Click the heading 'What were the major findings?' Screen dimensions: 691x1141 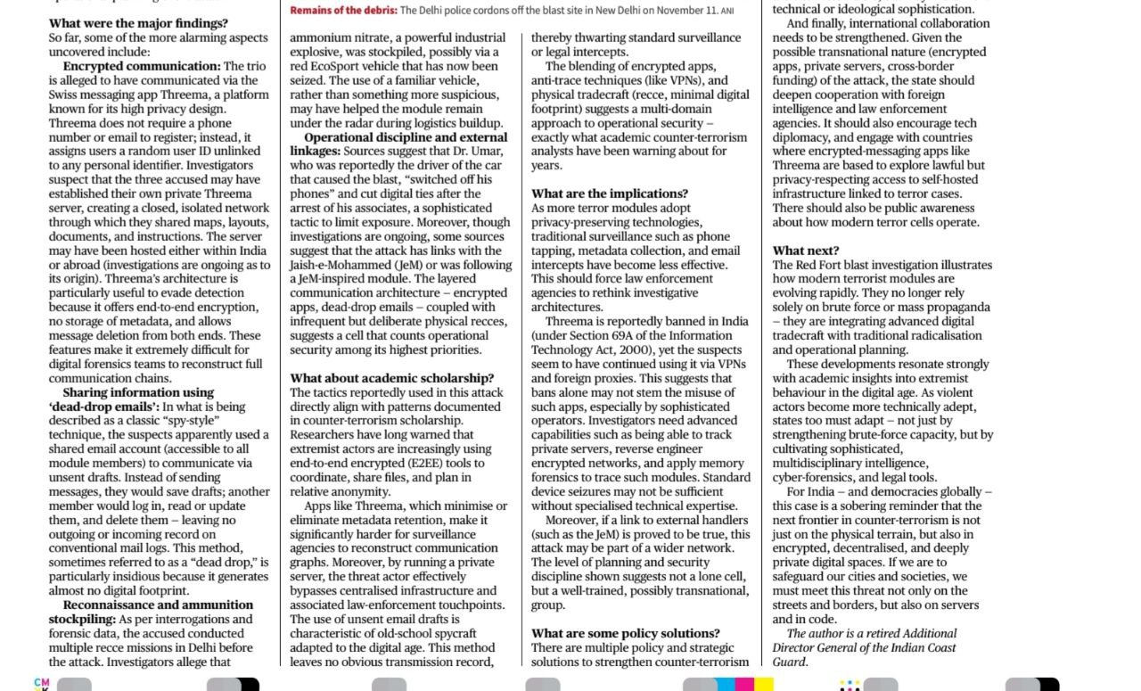coord(138,23)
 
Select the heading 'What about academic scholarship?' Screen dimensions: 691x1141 coord(392,378)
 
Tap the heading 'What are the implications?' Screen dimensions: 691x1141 coord(610,193)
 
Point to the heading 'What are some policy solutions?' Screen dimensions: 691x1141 coord(626,633)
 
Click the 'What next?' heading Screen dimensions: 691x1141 coord(806,251)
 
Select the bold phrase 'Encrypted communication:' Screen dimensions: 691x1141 coord(142,66)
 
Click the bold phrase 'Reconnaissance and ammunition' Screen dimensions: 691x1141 coord(158,605)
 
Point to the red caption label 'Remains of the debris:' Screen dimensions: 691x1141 coord(343,11)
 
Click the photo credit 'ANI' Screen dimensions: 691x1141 coord(727,12)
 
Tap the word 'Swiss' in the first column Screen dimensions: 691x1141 coord(65,95)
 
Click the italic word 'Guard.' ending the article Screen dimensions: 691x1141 coord(790,662)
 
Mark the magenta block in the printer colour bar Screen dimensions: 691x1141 coord(744,685)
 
